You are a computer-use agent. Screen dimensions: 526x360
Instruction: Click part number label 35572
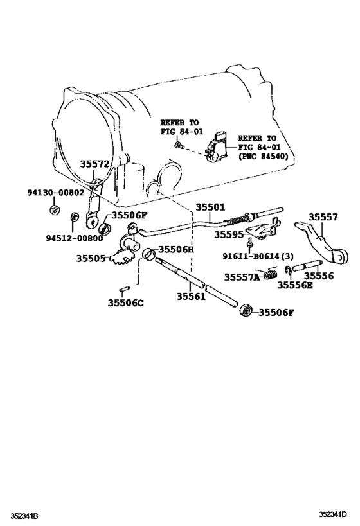pos(95,165)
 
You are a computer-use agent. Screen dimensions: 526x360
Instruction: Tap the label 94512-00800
pos(56,238)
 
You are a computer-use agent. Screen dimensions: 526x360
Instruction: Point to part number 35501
pos(211,207)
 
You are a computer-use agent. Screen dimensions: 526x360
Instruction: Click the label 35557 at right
pos(323,217)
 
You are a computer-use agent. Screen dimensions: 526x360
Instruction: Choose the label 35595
pos(230,235)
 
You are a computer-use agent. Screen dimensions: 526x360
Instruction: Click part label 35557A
pos(242,277)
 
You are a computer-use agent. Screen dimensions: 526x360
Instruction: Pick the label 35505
pos(91,258)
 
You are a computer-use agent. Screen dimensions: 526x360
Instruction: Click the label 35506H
pos(176,249)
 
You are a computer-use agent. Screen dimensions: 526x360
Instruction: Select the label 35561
pos(192,296)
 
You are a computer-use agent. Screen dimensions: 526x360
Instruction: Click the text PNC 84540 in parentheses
pos(264,156)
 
